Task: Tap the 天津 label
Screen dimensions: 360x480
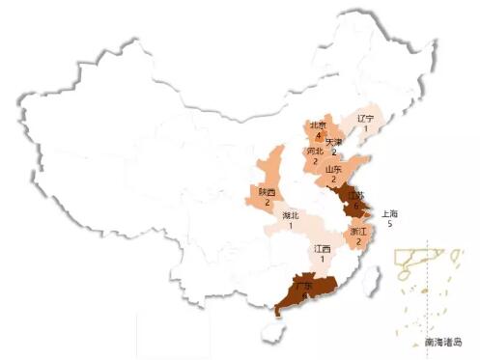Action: point(333,142)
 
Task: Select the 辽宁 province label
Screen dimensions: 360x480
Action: point(365,119)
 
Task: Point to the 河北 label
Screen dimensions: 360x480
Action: point(315,152)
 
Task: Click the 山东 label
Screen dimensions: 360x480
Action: point(333,169)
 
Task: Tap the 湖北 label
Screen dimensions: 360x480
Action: point(291,215)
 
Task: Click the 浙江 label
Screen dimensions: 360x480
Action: point(358,232)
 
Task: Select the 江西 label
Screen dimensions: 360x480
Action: point(323,249)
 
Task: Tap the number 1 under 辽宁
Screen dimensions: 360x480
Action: point(365,129)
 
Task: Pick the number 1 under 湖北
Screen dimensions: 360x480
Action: point(291,226)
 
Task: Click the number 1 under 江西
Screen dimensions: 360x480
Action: point(323,260)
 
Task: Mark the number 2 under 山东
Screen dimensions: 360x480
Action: point(333,180)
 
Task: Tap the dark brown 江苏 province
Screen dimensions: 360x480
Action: point(354,202)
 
